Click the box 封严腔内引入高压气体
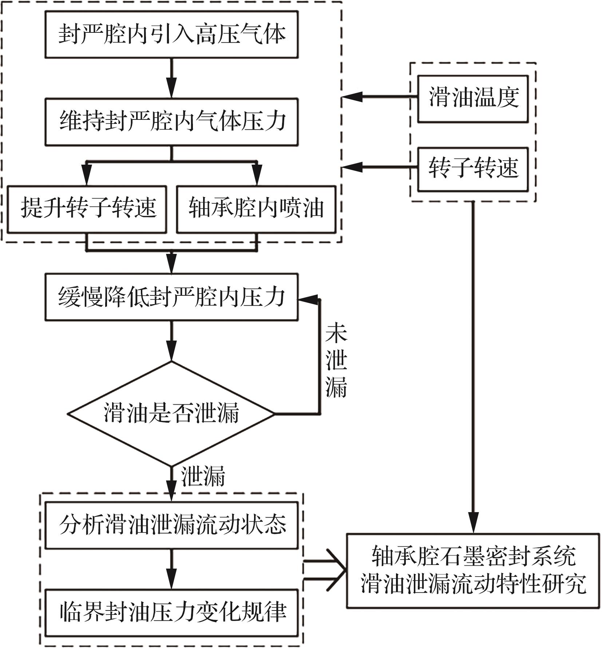(x=171, y=34)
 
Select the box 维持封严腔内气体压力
(x=171, y=122)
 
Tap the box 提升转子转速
(x=87, y=209)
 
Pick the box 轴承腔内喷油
(x=256, y=209)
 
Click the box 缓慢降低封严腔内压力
(x=171, y=297)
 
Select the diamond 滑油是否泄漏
(x=171, y=413)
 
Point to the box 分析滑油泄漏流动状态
(x=171, y=525)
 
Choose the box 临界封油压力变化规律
(x=171, y=612)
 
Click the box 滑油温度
(x=472, y=98)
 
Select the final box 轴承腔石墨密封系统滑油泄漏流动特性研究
(x=472, y=570)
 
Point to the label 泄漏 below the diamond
(x=203, y=476)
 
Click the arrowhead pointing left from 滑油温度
(x=352, y=97)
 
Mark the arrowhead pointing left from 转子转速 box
(x=352, y=168)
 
